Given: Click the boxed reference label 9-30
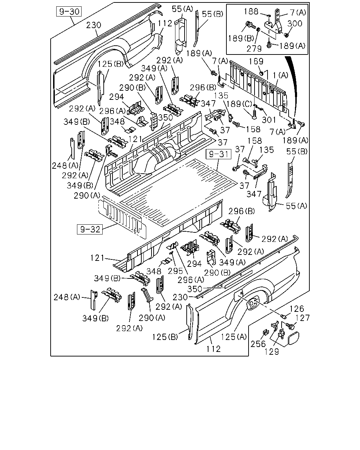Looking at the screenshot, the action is [x=69, y=12].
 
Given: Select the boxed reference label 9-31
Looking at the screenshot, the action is [x=218, y=154].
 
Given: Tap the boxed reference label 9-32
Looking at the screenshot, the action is [x=90, y=229].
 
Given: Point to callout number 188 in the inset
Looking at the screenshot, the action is [x=251, y=12].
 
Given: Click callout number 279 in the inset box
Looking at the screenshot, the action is [x=254, y=49].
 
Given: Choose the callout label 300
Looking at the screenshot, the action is [x=295, y=24].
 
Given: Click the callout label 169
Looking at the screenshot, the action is [x=256, y=61].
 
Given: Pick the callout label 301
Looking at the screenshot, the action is [x=269, y=120].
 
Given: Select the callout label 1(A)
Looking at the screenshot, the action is [x=281, y=75].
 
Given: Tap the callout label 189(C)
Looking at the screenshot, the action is [x=239, y=104].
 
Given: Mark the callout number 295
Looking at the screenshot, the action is [x=175, y=271].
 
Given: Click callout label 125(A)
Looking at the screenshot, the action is [x=234, y=337].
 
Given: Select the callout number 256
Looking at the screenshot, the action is [x=258, y=344].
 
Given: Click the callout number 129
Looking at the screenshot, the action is [x=272, y=352].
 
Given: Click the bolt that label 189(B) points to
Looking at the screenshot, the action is [x=251, y=25].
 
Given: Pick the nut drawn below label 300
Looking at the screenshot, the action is [x=287, y=35].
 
